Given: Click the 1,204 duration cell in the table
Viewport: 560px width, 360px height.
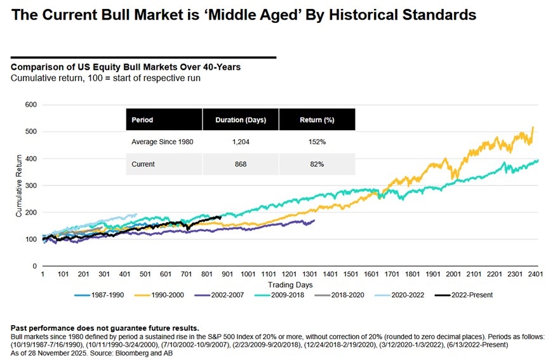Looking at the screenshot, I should click(240, 142).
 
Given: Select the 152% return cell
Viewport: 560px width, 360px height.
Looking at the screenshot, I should click(317, 142).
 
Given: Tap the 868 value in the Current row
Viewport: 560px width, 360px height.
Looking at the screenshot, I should click(240, 164).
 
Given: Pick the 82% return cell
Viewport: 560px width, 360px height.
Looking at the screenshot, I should click(317, 164).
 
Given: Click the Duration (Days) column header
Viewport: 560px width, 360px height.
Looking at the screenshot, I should click(240, 119).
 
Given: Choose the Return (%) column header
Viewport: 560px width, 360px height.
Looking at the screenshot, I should click(317, 119).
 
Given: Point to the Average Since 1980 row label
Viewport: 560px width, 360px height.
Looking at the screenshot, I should click(161, 142).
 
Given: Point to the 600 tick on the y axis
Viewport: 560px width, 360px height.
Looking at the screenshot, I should click(29, 105).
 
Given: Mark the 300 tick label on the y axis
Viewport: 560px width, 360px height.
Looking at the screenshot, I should click(29, 185).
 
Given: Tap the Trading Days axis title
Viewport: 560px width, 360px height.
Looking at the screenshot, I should click(286, 284).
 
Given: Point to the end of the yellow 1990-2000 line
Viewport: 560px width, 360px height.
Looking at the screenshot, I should click(532, 128).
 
